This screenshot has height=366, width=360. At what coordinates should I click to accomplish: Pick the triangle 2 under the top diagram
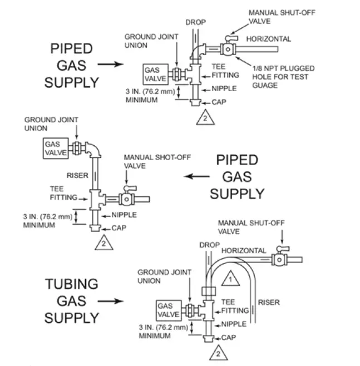204,117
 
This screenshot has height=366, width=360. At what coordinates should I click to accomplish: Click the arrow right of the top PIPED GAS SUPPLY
110,65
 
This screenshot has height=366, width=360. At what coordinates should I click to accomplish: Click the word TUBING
71,284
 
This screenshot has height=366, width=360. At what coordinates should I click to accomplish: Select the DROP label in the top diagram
195,22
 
